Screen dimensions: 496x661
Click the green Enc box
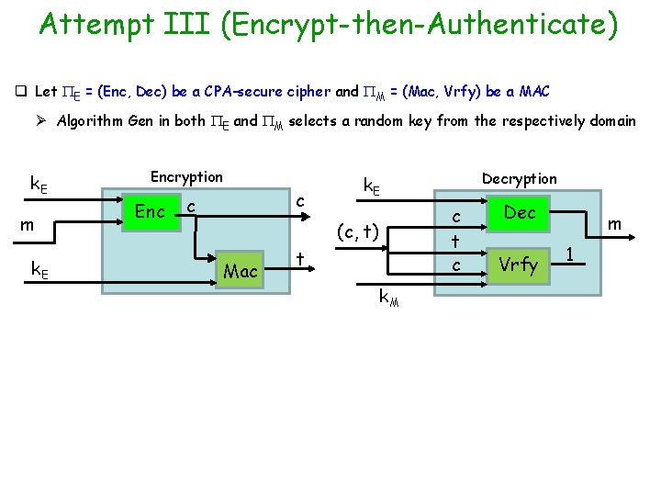(150, 212)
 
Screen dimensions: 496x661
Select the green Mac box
(241, 270)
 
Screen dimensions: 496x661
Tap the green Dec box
(520, 212)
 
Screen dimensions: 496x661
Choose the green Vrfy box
(520, 265)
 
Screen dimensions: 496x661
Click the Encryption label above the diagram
(186, 176)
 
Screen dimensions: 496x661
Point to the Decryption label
(520, 178)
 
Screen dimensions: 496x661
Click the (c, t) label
(358, 231)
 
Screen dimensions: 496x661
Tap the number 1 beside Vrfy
(569, 253)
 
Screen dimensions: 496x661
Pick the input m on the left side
(28, 225)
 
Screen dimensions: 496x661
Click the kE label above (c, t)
(372, 186)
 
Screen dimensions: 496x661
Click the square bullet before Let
(19, 91)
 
